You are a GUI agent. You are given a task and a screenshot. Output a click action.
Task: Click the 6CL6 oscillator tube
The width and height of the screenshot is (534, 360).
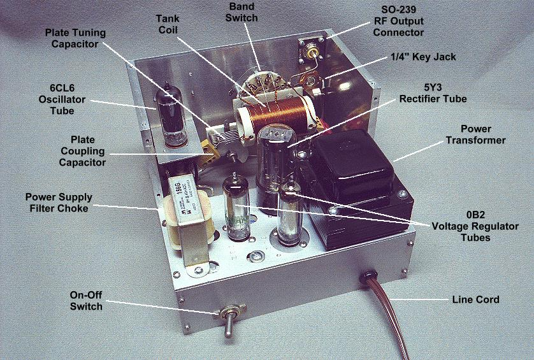point(171,116)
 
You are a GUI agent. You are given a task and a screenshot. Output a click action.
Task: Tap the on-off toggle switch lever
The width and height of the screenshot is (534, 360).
point(229,324)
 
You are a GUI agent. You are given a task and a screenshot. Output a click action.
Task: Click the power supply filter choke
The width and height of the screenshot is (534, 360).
point(189,221)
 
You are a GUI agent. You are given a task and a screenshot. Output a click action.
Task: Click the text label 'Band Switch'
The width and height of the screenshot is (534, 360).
point(242,12)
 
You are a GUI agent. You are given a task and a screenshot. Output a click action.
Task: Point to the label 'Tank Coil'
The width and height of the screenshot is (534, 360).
point(168,24)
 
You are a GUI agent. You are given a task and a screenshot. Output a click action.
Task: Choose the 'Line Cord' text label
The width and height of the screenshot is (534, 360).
point(475,299)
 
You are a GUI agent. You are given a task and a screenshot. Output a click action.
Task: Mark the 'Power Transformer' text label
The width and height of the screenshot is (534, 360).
point(476,134)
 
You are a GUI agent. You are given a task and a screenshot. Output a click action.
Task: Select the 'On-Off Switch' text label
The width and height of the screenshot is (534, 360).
point(86,301)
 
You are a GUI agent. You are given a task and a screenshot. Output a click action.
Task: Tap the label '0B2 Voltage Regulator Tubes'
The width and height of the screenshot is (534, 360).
point(475,226)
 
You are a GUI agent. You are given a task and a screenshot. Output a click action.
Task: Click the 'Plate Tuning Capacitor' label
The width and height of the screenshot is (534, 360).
point(75,38)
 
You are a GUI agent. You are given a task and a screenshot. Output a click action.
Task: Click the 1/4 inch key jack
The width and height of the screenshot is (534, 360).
point(311,82)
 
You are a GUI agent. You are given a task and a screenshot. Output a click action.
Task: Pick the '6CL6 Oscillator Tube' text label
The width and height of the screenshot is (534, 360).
point(62,99)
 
